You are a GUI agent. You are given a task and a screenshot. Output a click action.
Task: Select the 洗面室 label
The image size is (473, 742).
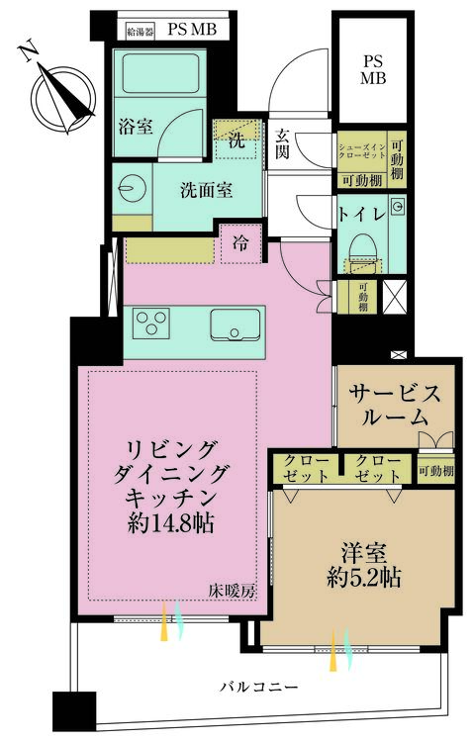tap(206, 190)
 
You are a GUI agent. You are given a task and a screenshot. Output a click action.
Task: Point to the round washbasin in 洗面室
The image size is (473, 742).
tap(133, 189)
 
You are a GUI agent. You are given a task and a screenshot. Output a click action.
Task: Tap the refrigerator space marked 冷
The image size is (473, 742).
tap(239, 242)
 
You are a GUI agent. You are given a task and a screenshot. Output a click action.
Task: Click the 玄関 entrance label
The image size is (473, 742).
tap(282, 143)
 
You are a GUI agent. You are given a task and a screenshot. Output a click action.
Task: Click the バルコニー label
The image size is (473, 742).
tap(259, 685)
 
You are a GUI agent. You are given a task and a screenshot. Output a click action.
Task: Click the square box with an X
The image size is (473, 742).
tap(393, 298)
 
